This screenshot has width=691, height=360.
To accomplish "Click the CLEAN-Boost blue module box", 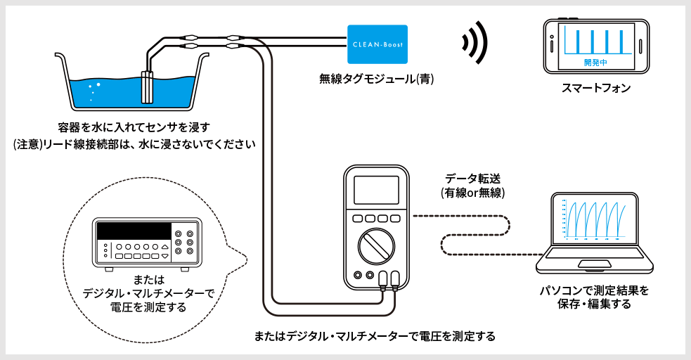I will point(379,44).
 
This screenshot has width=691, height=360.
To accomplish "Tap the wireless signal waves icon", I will point(474,41).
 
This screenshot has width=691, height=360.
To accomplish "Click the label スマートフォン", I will point(596,89).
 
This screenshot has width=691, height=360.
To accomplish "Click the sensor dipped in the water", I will point(148,86).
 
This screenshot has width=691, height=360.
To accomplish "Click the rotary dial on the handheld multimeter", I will point(373,247).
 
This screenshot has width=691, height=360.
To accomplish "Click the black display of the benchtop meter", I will point(134,231).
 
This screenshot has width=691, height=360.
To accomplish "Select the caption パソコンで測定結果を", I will point(594,290).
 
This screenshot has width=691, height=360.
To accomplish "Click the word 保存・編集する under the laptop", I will point(594,304).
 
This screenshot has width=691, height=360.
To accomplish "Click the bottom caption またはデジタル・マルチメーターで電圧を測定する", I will point(375,335).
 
